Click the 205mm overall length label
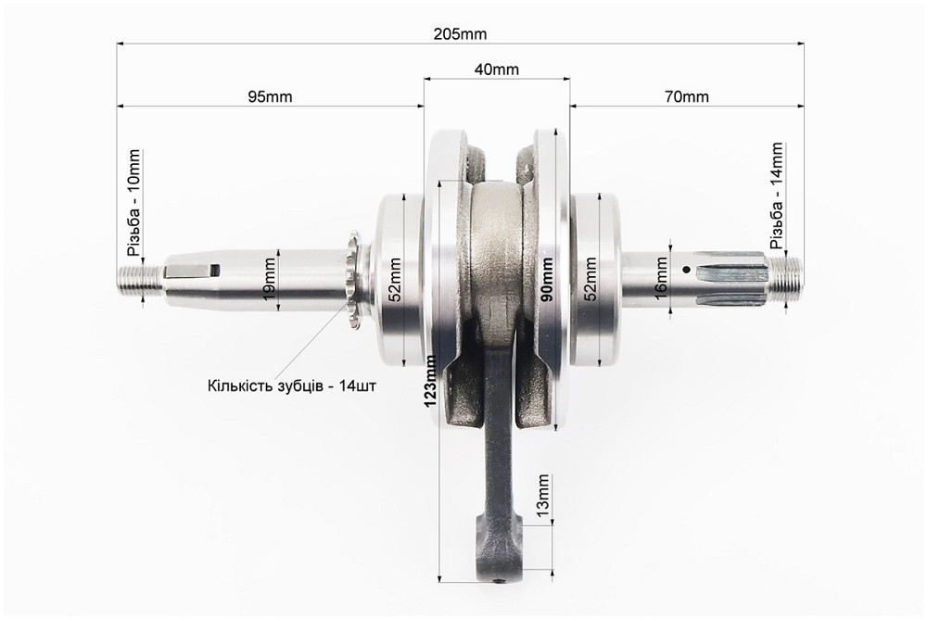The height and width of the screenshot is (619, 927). click(460, 34)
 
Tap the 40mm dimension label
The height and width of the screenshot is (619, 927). click(497, 69)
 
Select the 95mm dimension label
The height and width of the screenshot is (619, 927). click(270, 96)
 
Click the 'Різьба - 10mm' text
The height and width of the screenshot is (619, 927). click(134, 202)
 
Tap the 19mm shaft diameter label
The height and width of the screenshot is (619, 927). click(270, 279)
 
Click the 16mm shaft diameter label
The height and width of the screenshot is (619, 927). click(660, 278)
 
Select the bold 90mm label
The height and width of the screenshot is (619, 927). click(547, 279)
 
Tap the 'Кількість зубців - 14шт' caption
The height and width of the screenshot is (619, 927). click(292, 386)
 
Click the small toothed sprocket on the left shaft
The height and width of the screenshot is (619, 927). click(354, 280)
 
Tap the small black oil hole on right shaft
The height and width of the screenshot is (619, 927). click(686, 270)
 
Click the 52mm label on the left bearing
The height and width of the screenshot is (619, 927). click(394, 280)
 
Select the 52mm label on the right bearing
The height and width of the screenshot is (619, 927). click(590, 279)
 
